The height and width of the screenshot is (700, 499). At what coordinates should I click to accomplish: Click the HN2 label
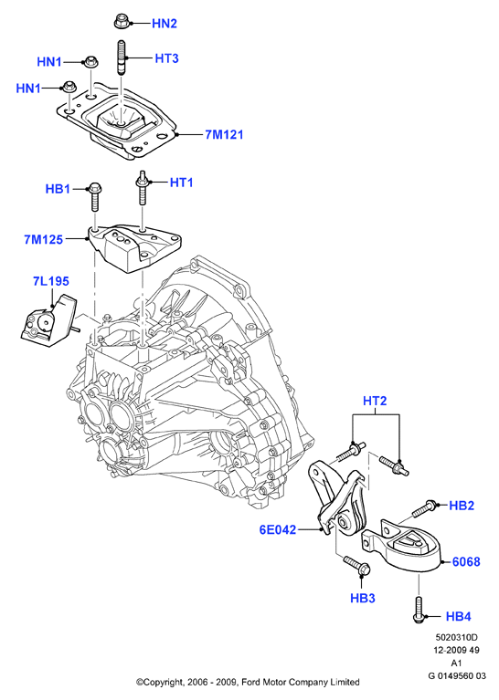[x=165, y=23]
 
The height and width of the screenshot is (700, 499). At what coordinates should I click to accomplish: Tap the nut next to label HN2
[x=122, y=21]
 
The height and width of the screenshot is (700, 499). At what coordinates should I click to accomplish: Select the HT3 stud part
[x=122, y=58]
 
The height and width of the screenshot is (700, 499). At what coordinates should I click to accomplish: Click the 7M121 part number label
[x=224, y=134]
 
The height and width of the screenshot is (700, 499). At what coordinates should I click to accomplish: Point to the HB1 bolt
[x=95, y=197]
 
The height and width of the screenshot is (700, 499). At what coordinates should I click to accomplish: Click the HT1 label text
[x=181, y=183]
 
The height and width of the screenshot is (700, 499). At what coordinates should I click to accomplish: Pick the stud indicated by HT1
[x=143, y=187]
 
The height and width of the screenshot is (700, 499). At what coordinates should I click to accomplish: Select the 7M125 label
[x=43, y=240]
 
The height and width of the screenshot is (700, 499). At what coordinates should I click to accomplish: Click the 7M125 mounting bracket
[x=135, y=247]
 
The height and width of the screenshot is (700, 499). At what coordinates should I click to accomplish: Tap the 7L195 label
[x=51, y=281]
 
